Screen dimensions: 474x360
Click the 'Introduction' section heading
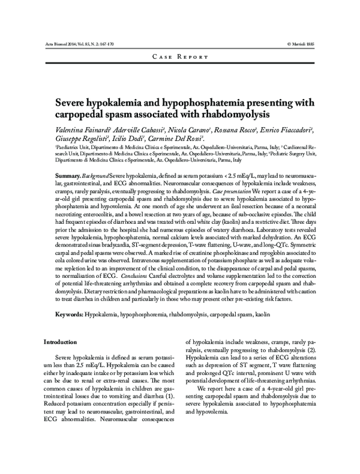point(63,341)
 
